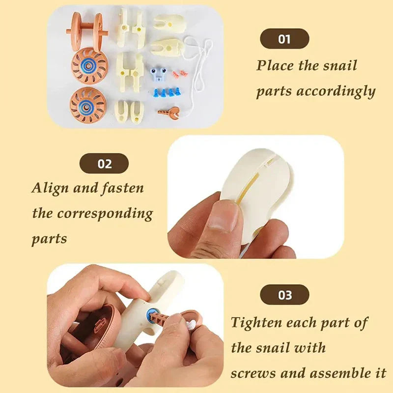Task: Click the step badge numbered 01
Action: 284,39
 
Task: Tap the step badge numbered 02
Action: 104,164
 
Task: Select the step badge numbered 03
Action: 284,295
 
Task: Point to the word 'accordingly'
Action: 336,92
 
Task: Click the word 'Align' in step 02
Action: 50,188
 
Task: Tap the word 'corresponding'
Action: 105,214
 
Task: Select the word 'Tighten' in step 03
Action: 256,322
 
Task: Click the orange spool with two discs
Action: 87,29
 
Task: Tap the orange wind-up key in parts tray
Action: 168,112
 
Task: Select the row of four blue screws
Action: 167,92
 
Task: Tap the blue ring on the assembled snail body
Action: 151,315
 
